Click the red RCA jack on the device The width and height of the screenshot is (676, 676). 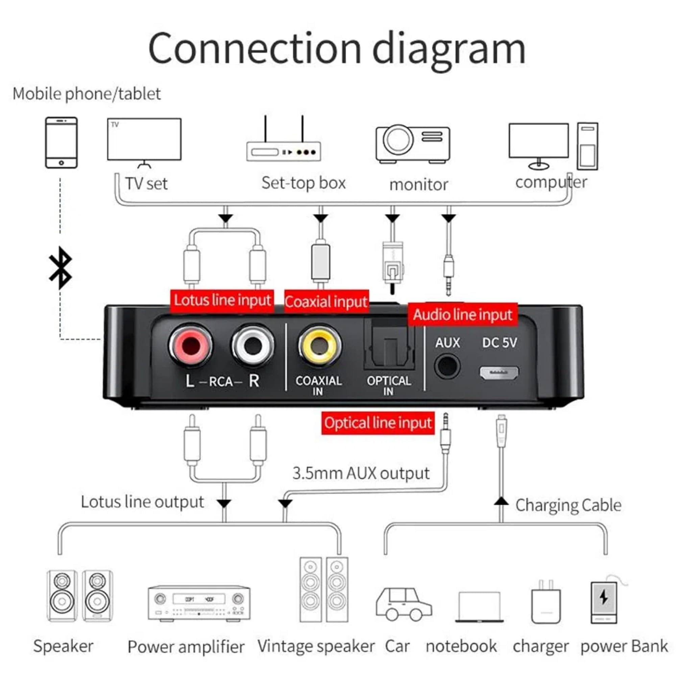click(191, 346)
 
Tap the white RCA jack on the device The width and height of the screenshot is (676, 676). click(253, 346)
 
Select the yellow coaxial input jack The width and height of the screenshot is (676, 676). click(319, 346)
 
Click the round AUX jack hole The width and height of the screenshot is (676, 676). click(447, 366)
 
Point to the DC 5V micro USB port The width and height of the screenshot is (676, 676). click(499, 373)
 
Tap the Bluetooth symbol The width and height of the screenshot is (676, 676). click(61, 268)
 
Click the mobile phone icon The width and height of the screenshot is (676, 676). click(61, 143)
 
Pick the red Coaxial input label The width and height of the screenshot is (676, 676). click(326, 301)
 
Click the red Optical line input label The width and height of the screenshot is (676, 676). click(378, 423)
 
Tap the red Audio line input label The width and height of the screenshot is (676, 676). click(463, 315)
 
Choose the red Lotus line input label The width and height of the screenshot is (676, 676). click(222, 300)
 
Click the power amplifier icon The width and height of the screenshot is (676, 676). click(199, 603)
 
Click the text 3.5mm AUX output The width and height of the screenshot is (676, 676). click(361, 474)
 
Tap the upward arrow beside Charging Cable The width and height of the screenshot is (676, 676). click(501, 501)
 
